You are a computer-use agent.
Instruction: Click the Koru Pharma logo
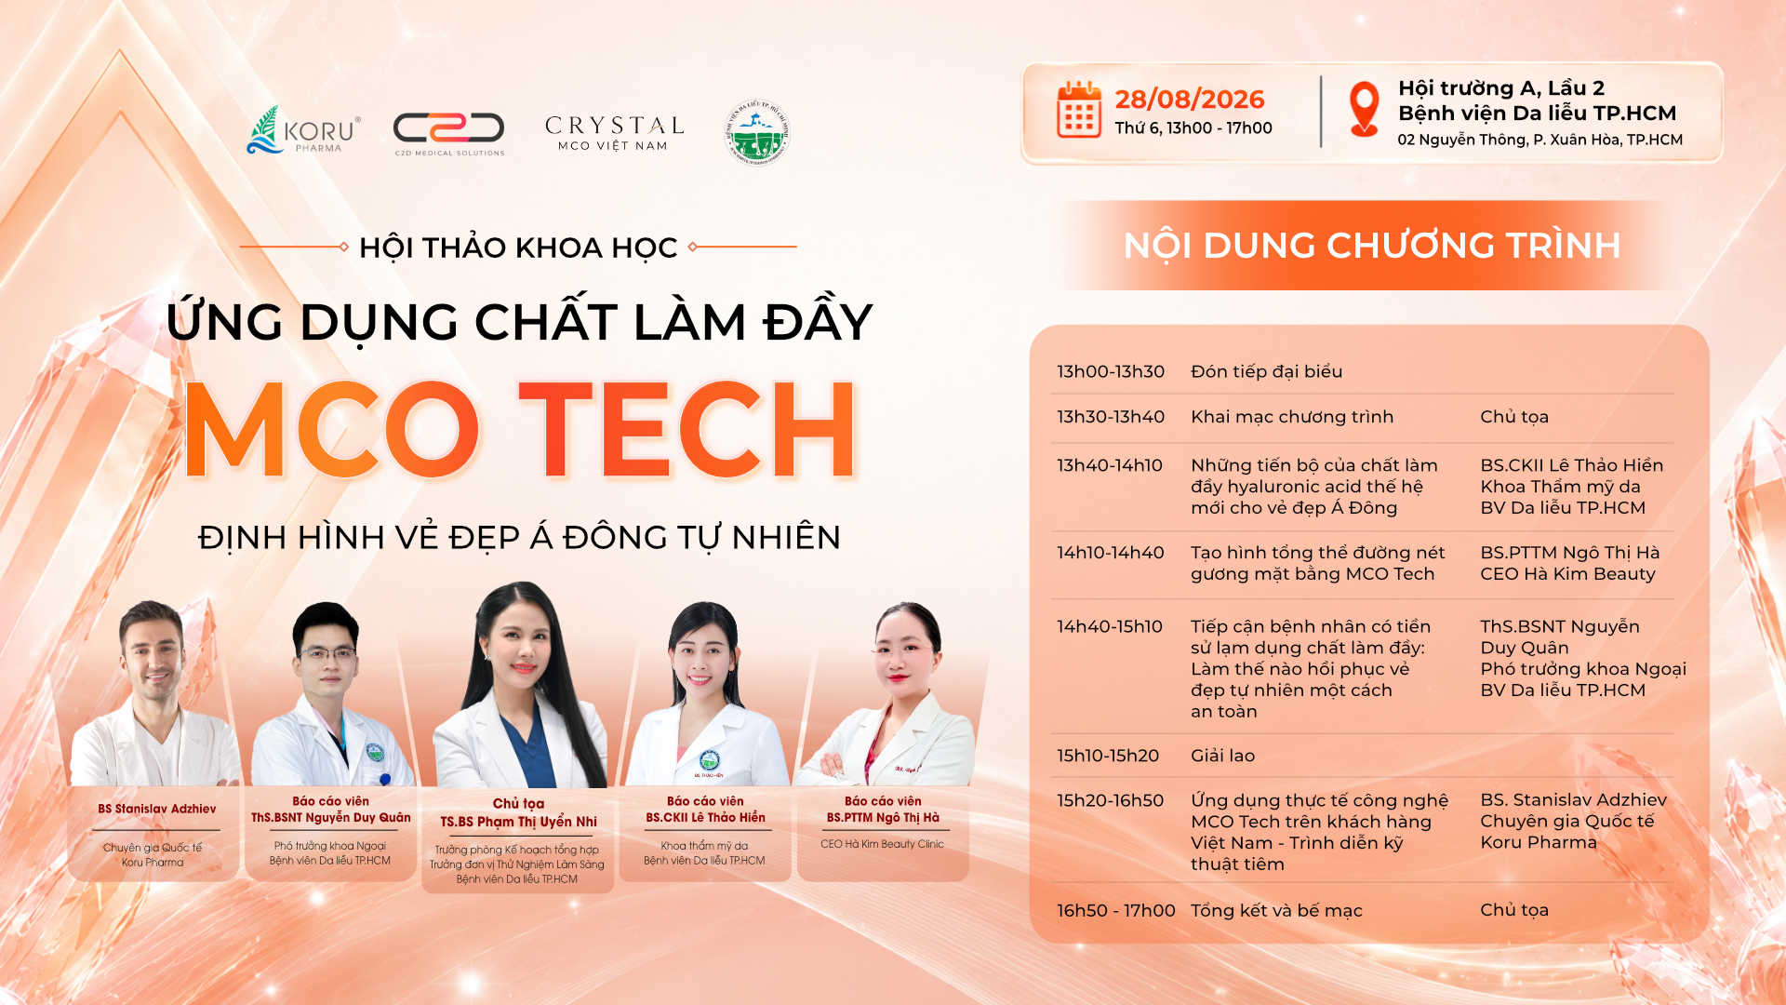coord(303,130)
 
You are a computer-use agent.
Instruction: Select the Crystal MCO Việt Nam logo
coord(614,133)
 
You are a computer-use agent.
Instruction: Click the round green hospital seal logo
coord(757,132)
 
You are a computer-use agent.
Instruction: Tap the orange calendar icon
coord(1079,110)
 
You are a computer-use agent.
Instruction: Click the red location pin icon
coord(1364,109)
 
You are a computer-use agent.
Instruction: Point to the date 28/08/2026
coord(1190,99)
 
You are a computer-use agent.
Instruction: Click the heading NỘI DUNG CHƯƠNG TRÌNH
coord(1372,246)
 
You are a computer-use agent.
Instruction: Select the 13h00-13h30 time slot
coord(1111,371)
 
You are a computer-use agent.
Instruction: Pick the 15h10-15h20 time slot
coord(1108,756)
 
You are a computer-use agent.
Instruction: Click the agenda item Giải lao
coord(1222,756)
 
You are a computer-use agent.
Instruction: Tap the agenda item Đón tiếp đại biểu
coord(1267,371)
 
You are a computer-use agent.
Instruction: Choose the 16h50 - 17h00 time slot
coord(1116,910)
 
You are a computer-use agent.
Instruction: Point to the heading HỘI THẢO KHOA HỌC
coord(518,248)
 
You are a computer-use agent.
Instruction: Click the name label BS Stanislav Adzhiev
coord(157,809)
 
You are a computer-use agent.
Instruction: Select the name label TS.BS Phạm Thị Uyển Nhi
coord(519,822)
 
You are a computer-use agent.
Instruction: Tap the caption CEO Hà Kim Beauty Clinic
coord(882,844)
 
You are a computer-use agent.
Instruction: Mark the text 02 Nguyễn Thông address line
coord(1539,140)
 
